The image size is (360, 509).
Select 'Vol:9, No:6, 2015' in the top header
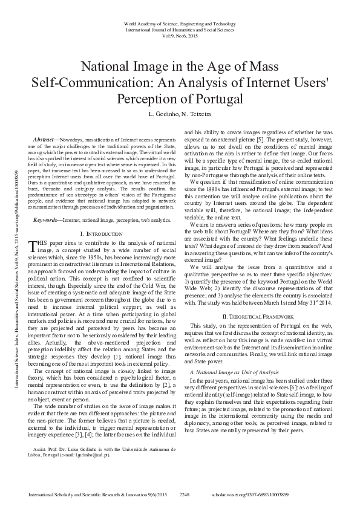click(179, 36)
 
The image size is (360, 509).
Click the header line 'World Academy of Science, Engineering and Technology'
click(179, 23)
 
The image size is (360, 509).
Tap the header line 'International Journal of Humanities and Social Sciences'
click(179, 29)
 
